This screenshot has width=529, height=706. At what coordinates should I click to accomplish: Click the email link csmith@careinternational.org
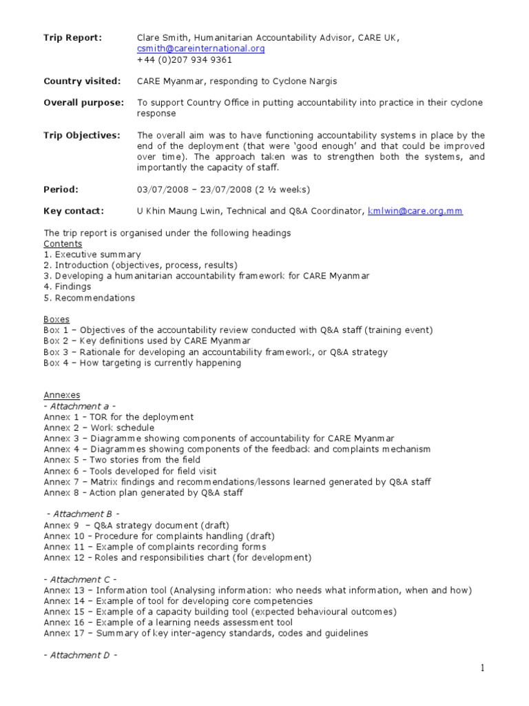tap(200, 49)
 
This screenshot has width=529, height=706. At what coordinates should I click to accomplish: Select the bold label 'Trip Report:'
tap(72, 38)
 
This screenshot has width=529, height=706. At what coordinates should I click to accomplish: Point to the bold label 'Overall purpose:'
tap(84, 103)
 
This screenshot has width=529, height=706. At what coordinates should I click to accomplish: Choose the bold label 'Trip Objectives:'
tap(82, 135)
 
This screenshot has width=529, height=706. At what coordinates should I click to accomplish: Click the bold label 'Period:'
tap(61, 189)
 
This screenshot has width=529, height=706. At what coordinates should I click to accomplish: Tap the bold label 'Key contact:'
tap(74, 211)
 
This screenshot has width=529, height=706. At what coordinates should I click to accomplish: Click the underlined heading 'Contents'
tap(63, 244)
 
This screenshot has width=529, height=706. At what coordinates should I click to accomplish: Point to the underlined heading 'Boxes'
tap(56, 320)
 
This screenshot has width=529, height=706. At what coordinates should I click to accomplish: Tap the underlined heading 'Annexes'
tap(62, 395)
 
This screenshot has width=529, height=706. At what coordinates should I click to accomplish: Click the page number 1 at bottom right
tap(503, 668)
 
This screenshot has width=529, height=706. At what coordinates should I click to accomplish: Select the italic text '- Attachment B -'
tap(83, 514)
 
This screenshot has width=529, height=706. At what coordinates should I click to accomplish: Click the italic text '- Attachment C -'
tap(80, 579)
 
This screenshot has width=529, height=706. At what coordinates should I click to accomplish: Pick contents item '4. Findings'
tap(68, 287)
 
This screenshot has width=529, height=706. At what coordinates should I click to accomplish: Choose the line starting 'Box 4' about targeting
tap(142, 363)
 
